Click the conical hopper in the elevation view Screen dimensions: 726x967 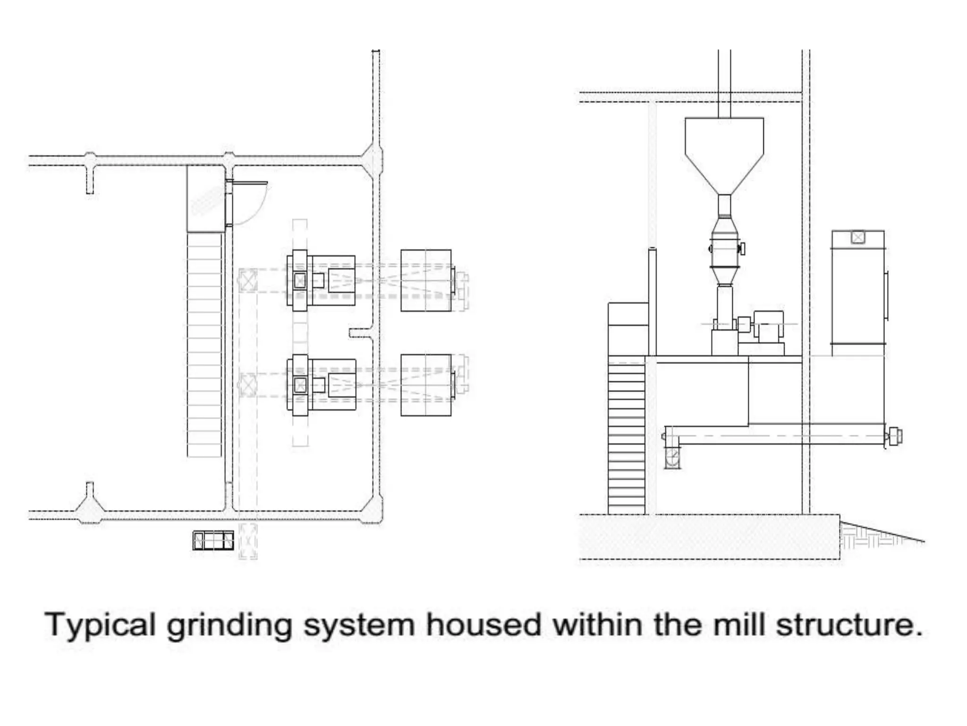pos(724,151)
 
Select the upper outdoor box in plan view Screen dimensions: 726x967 pos(426,281)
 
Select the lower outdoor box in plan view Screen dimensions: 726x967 pos(426,385)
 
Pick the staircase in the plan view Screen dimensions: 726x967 pos(204,345)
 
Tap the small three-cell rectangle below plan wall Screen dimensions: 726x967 pos(213,541)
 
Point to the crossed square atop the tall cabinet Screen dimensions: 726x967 pos(857,237)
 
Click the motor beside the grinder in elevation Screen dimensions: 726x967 pos(768,326)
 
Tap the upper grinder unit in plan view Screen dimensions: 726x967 pos(321,281)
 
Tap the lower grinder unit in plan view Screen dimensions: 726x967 pos(321,385)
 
